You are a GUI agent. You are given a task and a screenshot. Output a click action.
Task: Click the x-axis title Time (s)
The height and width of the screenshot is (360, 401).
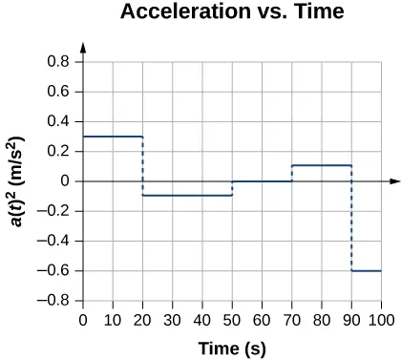coord(232,348)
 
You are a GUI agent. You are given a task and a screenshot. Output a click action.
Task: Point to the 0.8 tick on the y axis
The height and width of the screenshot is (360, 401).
coord(65,62)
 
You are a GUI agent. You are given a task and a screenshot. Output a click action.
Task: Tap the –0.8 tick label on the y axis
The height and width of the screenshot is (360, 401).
coord(62,301)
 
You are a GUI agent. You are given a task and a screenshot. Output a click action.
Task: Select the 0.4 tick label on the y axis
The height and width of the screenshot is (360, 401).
coord(65,121)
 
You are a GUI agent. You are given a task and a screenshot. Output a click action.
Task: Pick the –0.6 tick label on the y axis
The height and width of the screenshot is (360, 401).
coord(62,271)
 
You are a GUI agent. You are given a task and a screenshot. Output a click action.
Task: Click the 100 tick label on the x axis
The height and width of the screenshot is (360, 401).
coord(382,319)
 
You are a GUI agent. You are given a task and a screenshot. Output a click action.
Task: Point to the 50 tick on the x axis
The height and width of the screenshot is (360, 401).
coord(232,319)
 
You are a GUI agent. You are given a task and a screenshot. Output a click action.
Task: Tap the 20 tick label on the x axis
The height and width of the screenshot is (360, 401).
coord(143,319)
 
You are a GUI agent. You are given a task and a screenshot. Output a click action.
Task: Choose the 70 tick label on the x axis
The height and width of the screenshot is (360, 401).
coord(292,319)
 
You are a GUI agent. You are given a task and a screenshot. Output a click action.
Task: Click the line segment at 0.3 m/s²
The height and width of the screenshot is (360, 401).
coord(113,137)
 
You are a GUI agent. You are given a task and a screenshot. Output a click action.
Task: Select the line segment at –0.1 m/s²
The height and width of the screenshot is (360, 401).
coord(187,196)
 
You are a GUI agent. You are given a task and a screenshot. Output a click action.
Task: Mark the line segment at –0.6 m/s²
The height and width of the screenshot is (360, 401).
coord(367,270)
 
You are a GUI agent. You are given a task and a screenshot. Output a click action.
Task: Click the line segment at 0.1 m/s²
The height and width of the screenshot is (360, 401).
coord(322,166)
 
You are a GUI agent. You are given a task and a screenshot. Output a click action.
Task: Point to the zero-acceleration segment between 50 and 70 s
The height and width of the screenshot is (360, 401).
coord(263,180)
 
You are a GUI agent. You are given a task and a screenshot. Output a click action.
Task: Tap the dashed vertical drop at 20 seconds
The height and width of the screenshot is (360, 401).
coord(143,166)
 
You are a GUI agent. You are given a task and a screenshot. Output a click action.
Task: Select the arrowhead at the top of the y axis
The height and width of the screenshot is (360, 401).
coord(84,47)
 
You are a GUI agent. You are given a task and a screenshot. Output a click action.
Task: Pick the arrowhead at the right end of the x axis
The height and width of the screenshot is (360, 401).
coord(394,180)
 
